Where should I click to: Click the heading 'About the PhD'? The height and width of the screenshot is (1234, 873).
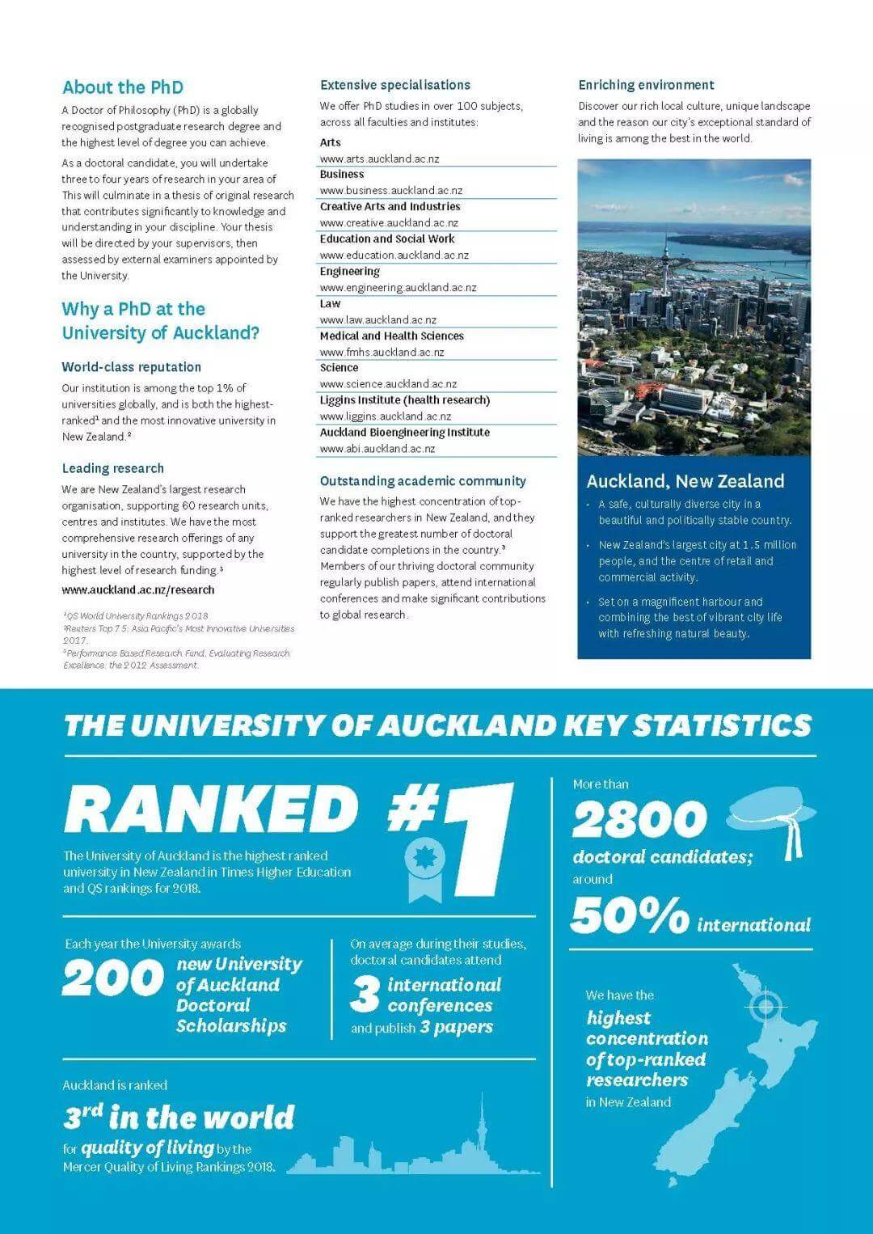[123, 87]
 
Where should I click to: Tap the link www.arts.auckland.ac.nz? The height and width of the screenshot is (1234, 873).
[379, 158]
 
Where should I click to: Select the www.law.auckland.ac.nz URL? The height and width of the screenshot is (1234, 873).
[377, 319]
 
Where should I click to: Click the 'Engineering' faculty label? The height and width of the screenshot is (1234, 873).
[349, 271]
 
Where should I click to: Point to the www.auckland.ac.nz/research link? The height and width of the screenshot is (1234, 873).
[138, 590]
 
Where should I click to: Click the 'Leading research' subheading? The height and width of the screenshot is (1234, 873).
[113, 468]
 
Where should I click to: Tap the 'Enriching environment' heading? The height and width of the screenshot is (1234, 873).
[646, 85]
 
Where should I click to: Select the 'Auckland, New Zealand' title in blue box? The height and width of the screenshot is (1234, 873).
[685, 481]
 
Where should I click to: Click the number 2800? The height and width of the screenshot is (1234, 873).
[639, 820]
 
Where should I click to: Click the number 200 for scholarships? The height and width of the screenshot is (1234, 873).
[112, 978]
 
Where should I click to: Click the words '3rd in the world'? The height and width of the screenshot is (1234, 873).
[179, 1118]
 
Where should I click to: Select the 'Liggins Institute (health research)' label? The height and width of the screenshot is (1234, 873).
[404, 400]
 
